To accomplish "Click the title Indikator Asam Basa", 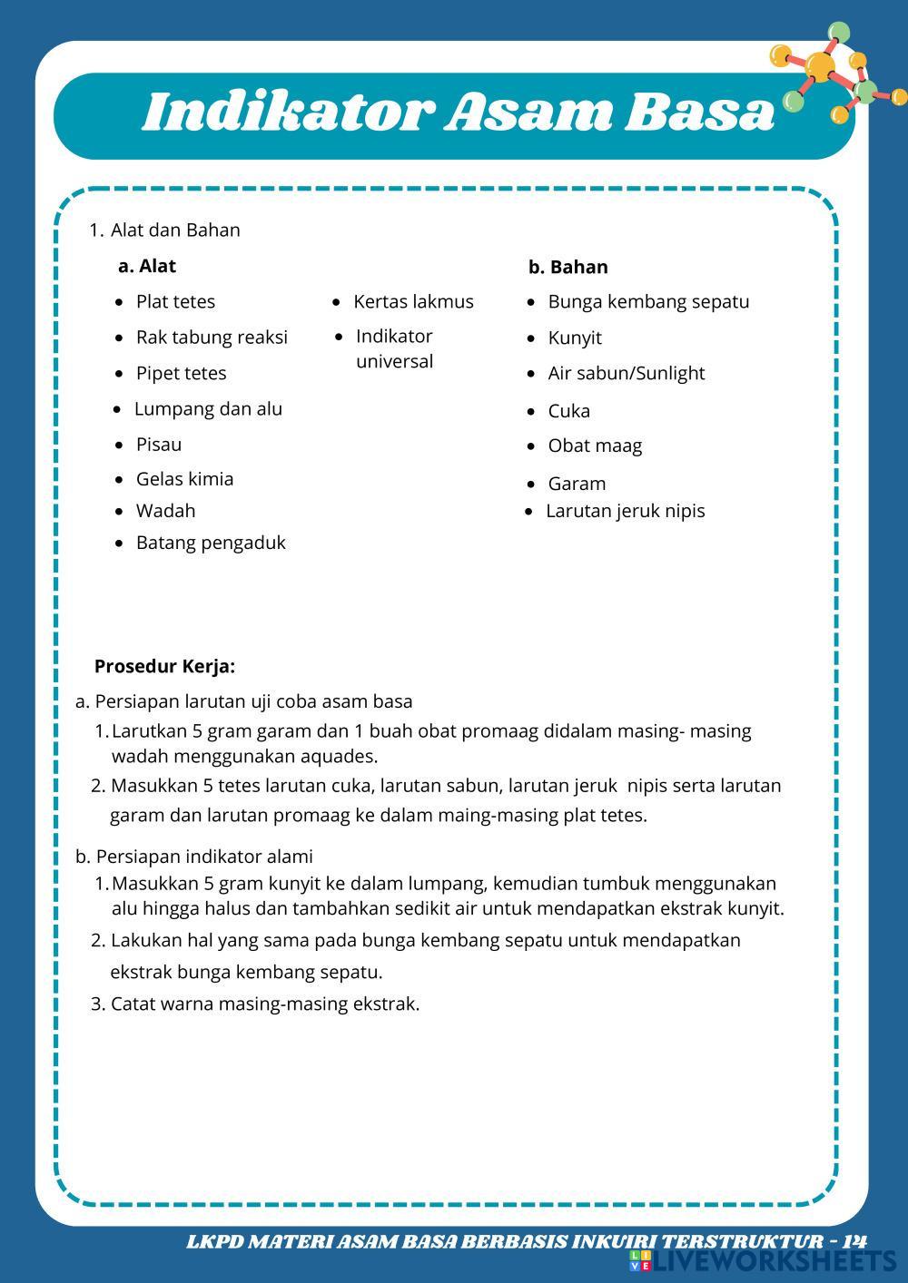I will coord(459,113).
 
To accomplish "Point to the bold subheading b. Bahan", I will coord(567,267).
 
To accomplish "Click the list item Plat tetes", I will coord(175,301).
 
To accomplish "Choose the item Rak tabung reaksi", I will coord(212,338).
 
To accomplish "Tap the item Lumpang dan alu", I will coord(208,408).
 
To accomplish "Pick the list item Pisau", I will coord(159,445).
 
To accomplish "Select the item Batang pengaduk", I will coord(211,543).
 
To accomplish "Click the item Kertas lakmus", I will coord(413,301).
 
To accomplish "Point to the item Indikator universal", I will coord(394,348).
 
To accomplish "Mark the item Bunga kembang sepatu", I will coord(648,301).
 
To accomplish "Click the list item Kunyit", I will coord(575,338).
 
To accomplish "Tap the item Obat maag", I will coord(595,446).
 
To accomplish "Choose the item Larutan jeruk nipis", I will coord(625,511).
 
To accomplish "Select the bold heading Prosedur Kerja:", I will coord(164,667).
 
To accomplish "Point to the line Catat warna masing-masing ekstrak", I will coord(264,1004).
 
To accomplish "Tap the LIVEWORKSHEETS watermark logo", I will coord(763,1261).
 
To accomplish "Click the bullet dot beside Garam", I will coord(531,485).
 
